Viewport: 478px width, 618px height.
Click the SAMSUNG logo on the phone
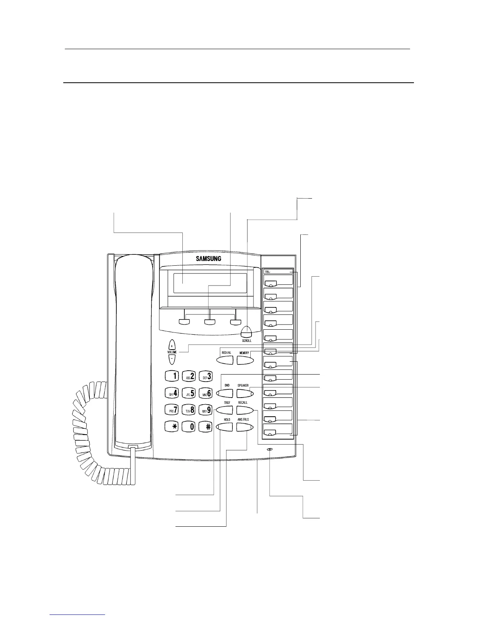tap(209, 258)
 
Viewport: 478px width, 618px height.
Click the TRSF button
tap(225, 410)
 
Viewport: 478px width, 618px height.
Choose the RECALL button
tap(244, 410)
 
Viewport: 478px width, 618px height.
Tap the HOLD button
tap(226, 427)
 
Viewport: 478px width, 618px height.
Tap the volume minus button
tap(172, 358)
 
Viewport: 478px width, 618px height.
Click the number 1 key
tap(172, 376)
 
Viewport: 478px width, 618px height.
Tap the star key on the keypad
tap(172, 426)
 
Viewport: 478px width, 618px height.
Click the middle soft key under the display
tap(210, 322)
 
